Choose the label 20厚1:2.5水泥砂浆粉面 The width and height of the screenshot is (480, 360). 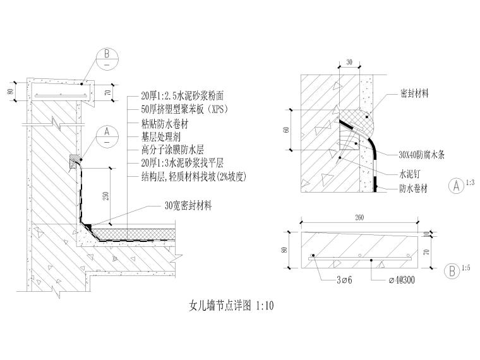pyautogui.click(x=182, y=96)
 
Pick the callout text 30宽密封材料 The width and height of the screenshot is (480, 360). pyautogui.click(x=188, y=206)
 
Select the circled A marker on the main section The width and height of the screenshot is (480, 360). pyautogui.click(x=107, y=136)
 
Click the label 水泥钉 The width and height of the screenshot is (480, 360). pyautogui.click(x=409, y=172)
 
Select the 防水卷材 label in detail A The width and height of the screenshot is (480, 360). pyautogui.click(x=414, y=188)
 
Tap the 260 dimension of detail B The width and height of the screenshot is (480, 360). pyautogui.click(x=359, y=218)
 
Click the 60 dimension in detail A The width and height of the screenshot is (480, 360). pyautogui.click(x=287, y=129)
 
